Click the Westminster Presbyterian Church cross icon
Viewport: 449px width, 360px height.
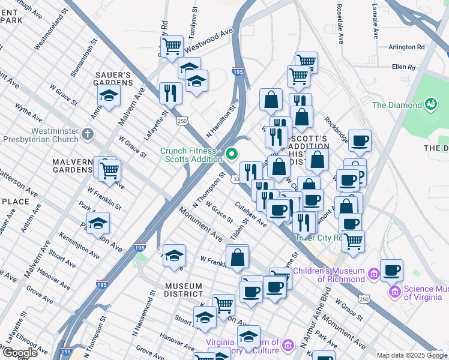click(x=88, y=133)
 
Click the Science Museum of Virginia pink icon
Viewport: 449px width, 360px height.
click(x=394, y=293)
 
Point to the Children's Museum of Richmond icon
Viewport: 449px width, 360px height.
click(x=373, y=274)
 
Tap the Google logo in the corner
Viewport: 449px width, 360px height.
click(x=19, y=353)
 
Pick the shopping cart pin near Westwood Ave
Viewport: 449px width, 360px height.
click(x=172, y=46)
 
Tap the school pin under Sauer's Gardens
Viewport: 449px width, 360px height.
click(x=109, y=95)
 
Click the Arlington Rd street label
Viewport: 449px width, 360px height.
click(x=406, y=47)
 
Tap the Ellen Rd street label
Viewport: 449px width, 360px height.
click(x=403, y=67)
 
